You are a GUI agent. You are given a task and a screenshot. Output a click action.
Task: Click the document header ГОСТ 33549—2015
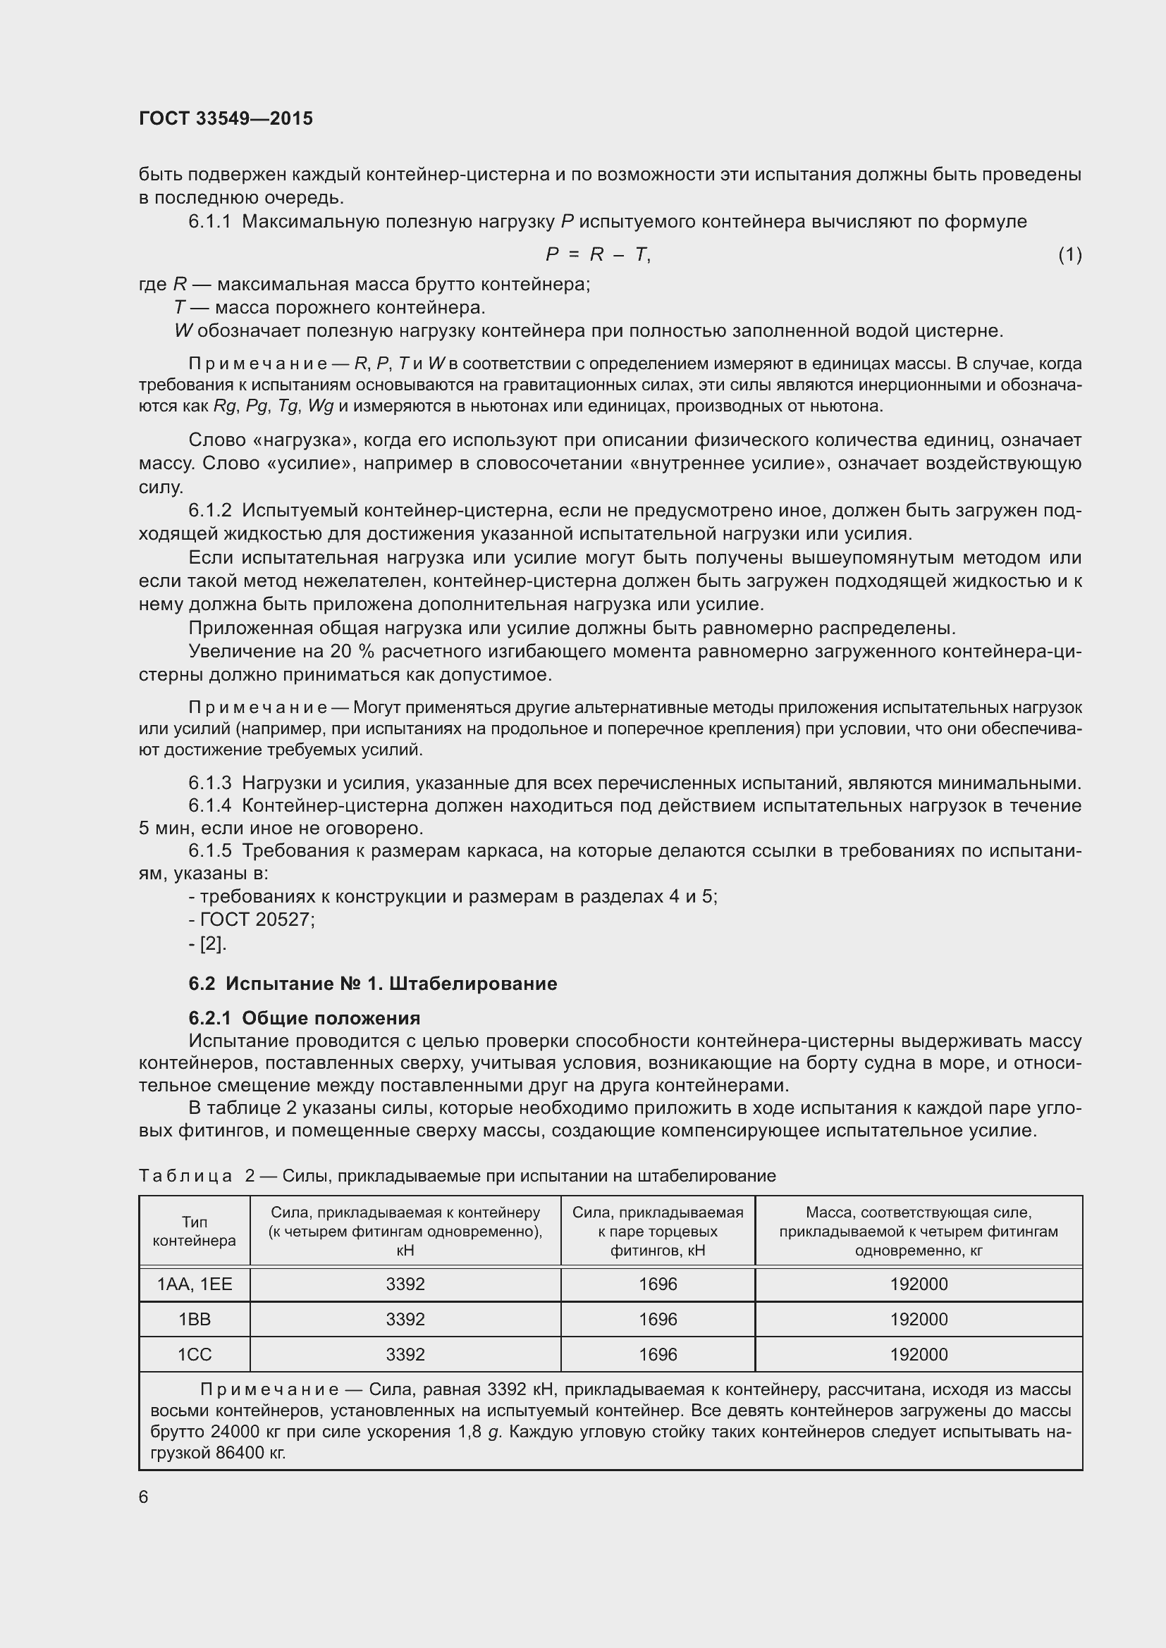(x=226, y=118)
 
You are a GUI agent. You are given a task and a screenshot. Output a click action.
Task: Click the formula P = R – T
(x=597, y=255)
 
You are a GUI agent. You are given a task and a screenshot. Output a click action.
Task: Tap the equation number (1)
(x=1069, y=255)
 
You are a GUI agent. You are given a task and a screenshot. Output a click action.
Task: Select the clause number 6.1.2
(x=209, y=510)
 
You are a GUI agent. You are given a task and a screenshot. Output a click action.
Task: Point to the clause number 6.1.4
(x=209, y=805)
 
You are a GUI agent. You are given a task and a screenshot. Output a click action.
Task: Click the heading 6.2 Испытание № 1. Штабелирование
(x=373, y=984)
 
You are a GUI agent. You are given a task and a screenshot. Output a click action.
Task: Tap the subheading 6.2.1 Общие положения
(x=305, y=1018)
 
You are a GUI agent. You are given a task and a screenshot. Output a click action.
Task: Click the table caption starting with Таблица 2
(x=457, y=1176)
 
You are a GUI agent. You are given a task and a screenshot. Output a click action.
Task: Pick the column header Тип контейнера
(x=195, y=1231)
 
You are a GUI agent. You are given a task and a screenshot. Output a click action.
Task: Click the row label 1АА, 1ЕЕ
(x=195, y=1284)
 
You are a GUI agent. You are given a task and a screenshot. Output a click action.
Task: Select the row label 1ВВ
(x=195, y=1319)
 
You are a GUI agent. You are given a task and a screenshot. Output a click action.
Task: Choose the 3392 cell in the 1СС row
(x=405, y=1354)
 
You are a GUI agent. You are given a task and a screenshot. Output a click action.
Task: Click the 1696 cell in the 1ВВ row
(x=658, y=1319)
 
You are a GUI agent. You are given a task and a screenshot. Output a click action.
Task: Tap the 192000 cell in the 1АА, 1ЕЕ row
(x=919, y=1284)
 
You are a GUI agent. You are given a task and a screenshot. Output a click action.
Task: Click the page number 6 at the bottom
(x=144, y=1497)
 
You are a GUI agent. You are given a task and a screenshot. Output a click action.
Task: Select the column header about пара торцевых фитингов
(x=658, y=1231)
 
